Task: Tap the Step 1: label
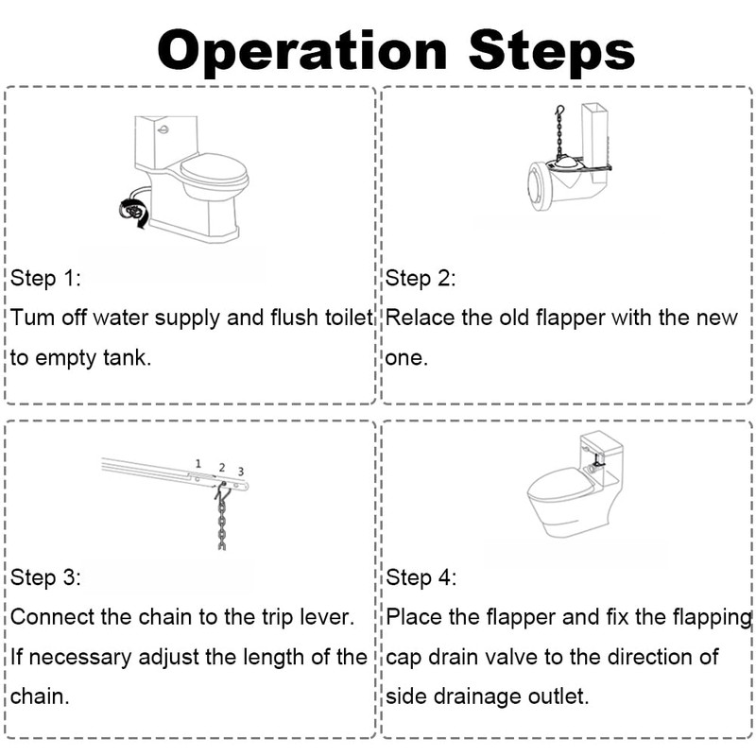[46, 279]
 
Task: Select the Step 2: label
[421, 279]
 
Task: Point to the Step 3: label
[46, 577]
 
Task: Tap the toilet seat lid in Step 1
[213, 172]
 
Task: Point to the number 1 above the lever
[198, 463]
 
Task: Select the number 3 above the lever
[240, 471]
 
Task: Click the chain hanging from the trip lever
[222, 524]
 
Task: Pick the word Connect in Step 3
[51, 616]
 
